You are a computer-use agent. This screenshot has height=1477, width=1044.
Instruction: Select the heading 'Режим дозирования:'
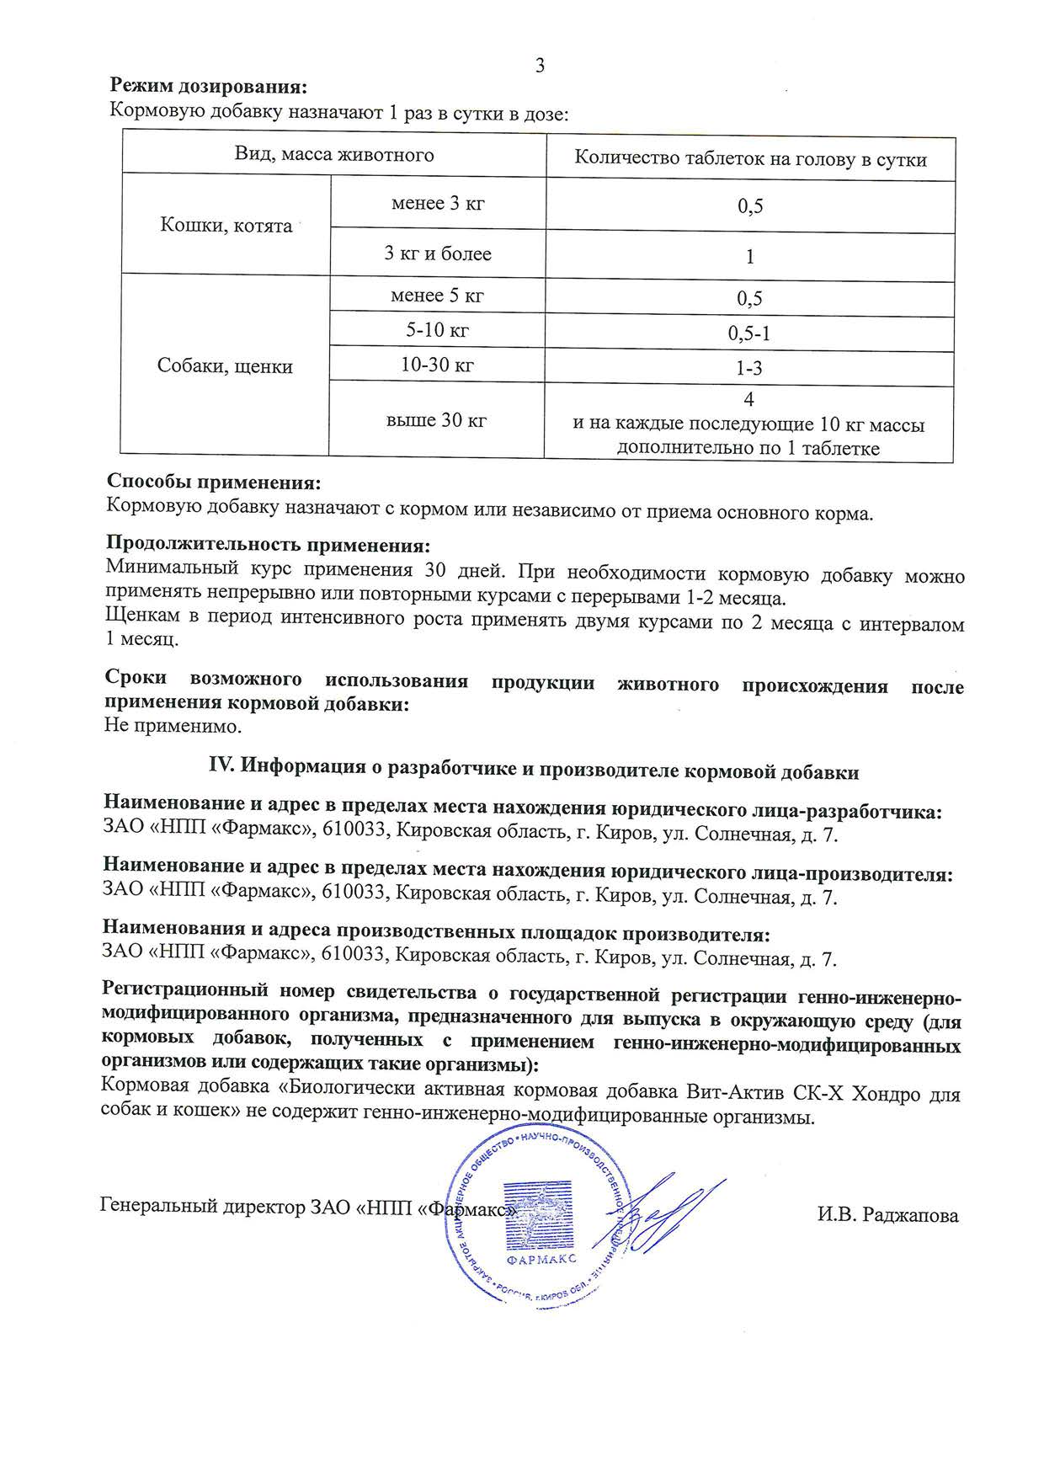(x=209, y=87)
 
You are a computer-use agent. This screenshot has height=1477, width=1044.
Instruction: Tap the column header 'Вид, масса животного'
(x=334, y=154)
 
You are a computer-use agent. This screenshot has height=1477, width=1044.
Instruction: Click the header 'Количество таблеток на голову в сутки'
(x=750, y=158)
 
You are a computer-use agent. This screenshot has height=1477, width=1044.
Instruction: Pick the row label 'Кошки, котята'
(x=226, y=226)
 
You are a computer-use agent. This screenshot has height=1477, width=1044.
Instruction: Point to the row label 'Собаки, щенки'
(x=226, y=366)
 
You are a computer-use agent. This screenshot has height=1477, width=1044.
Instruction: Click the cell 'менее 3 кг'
(x=438, y=204)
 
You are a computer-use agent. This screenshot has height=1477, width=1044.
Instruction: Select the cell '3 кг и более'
(x=438, y=253)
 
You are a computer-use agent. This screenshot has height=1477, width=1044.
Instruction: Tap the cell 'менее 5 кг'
(x=437, y=296)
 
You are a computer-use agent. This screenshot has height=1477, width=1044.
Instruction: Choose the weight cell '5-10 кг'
(x=437, y=330)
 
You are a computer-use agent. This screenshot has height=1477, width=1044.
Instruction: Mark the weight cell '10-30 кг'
(x=437, y=365)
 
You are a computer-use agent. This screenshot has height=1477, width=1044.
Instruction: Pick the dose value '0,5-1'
(x=749, y=333)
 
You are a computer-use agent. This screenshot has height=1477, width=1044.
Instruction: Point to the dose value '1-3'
(x=749, y=368)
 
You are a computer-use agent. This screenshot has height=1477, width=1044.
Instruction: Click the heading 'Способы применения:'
(x=214, y=483)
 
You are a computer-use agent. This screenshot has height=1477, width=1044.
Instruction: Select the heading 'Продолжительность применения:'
(x=268, y=545)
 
